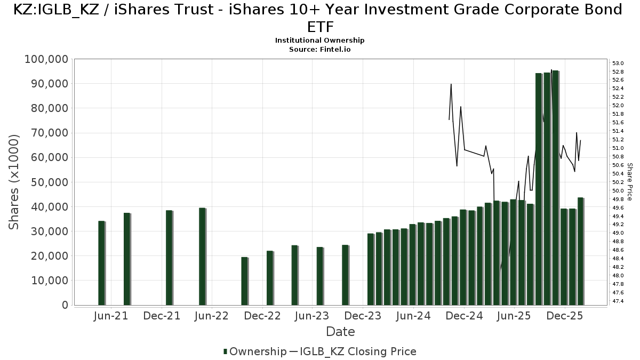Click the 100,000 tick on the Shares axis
(x=46, y=59)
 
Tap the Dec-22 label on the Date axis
(x=262, y=316)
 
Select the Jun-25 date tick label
(x=514, y=316)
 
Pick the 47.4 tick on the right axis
(x=618, y=301)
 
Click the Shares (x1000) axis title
(x=14, y=182)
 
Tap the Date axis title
(x=340, y=332)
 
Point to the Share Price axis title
(x=630, y=182)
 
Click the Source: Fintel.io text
(x=319, y=49)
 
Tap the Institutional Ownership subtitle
(x=319, y=41)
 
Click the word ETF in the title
(x=321, y=27)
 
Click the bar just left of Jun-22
(x=202, y=257)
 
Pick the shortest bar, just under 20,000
(x=244, y=281)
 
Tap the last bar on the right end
(x=580, y=251)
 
